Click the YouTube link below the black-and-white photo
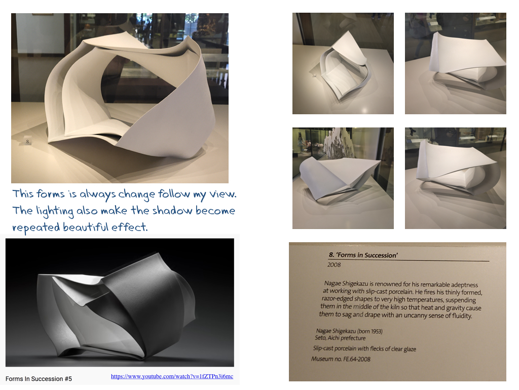pos(172,376)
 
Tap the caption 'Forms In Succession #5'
pos(39,379)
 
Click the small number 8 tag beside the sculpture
pos(27,141)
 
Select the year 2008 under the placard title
pos(334,265)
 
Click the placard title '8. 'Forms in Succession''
pos(363,255)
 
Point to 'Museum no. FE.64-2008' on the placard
pos(341,359)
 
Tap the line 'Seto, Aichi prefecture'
pos(340,338)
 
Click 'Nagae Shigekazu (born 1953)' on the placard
pos(349,331)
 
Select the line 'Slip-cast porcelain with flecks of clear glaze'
pos(364,348)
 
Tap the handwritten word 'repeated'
pos(36,228)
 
